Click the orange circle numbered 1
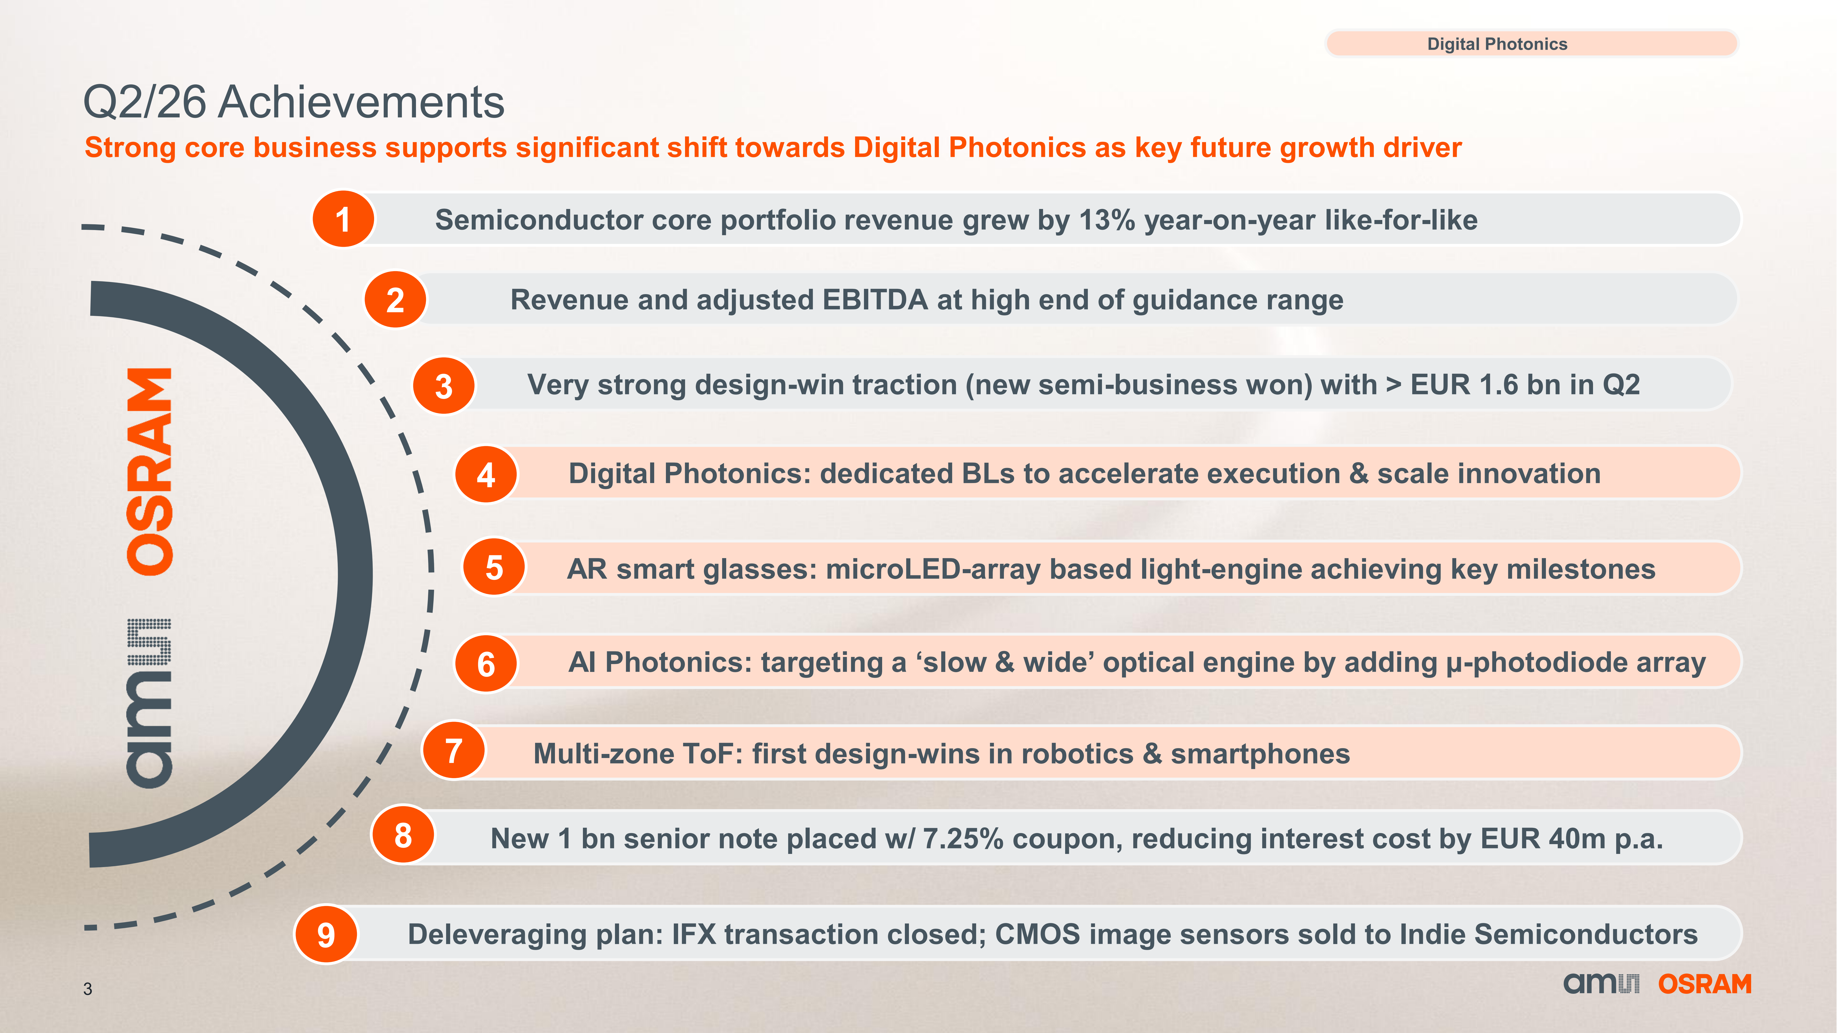pos(343,219)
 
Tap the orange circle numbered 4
pos(486,474)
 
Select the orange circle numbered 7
pos(454,751)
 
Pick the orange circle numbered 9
pos(326,934)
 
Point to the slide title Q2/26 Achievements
pos(294,102)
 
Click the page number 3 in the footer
pos(88,989)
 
